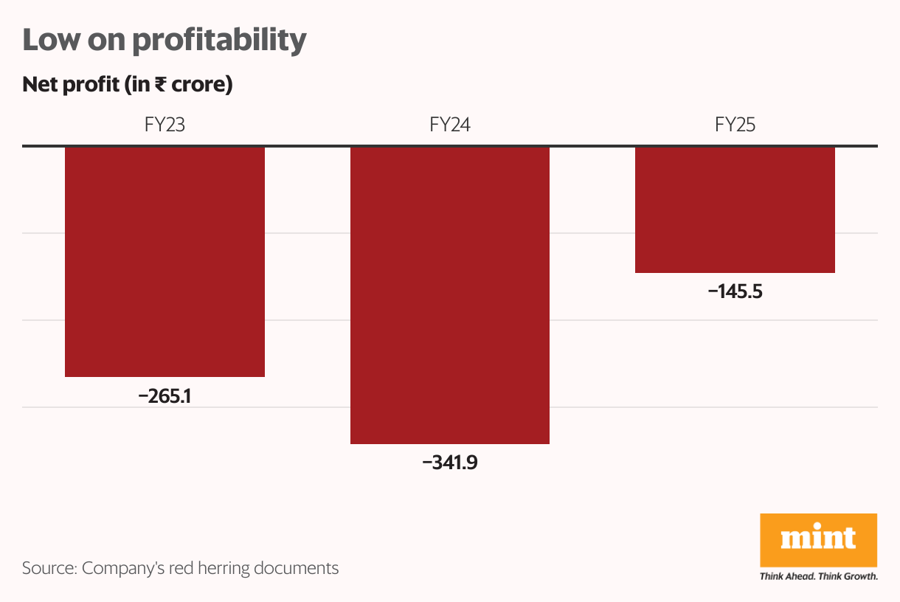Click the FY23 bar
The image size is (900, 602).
[x=165, y=262]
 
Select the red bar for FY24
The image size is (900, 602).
[x=450, y=295]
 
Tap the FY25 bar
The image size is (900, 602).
[x=735, y=210]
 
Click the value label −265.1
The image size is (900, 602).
[x=165, y=396]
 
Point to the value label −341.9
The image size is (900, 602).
[x=450, y=463]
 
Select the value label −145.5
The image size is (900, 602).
[x=735, y=291]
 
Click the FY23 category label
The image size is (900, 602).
[x=165, y=125]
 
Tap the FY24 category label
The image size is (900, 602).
[x=450, y=125]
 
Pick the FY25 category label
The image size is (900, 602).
[x=735, y=125]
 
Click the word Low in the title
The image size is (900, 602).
[x=50, y=40]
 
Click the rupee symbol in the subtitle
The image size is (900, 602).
[x=160, y=85]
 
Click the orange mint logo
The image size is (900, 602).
[x=818, y=539]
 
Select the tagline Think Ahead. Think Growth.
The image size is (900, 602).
[x=818, y=576]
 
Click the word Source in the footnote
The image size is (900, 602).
[x=49, y=568]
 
